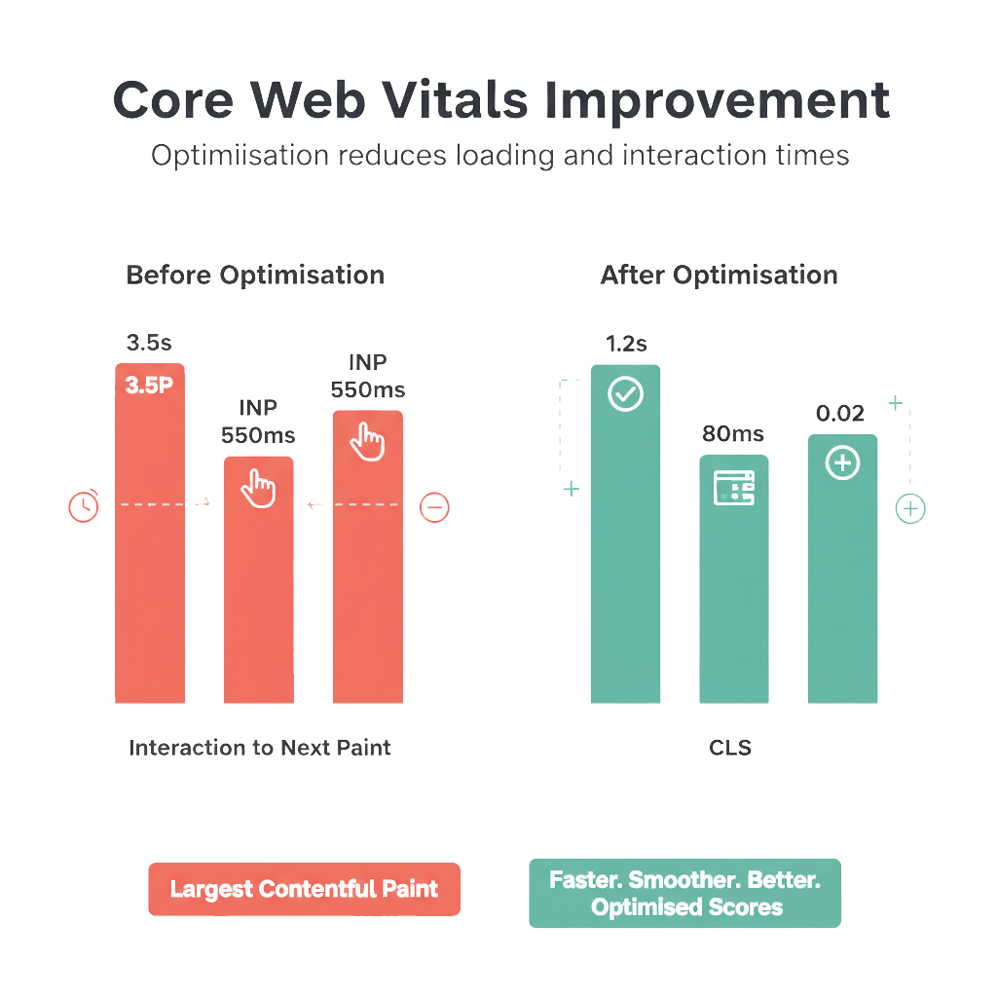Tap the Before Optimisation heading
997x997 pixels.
(x=255, y=276)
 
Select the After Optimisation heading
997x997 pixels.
(x=719, y=276)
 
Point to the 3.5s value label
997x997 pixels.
(x=148, y=343)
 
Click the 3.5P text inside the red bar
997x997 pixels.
(x=149, y=385)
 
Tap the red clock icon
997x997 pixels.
(x=84, y=506)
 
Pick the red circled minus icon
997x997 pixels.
(x=434, y=507)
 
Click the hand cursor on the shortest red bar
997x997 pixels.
(x=258, y=487)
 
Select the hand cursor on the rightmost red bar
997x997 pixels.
(x=367, y=441)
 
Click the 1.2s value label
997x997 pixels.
(x=626, y=344)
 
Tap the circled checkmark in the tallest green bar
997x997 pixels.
(x=625, y=394)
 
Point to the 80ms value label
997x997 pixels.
(x=733, y=434)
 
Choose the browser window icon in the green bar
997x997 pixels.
(x=734, y=488)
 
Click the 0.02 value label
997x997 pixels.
(x=840, y=414)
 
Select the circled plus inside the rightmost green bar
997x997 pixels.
(x=842, y=463)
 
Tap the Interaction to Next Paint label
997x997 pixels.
(x=260, y=748)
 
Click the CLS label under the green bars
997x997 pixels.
(x=730, y=749)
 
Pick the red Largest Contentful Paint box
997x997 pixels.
(x=304, y=889)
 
